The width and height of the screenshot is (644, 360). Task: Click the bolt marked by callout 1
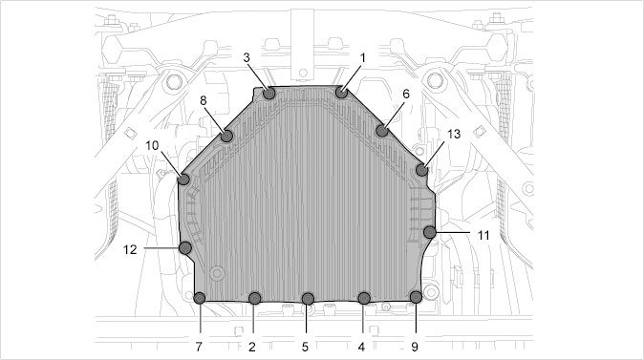pos(341,93)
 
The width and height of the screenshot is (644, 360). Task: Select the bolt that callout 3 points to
pos(269,94)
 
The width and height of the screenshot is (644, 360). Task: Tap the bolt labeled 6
pos(382,131)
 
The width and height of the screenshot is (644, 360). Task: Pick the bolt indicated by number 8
pos(226,136)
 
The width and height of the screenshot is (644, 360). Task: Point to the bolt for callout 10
pos(183,180)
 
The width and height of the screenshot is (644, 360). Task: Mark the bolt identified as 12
pos(185,248)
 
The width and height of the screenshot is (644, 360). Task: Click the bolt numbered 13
pos(421,170)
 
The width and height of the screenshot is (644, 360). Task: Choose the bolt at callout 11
pos(430,232)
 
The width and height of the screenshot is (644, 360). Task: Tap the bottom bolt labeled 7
pos(200,298)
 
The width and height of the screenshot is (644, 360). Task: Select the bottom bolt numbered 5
pos(308,299)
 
